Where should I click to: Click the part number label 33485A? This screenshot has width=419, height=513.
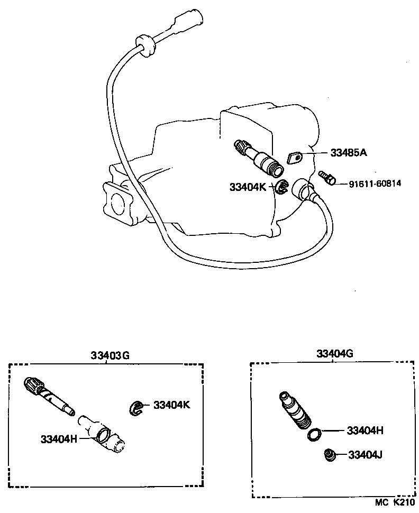tap(349, 153)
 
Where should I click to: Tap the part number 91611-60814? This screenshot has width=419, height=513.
tap(375, 184)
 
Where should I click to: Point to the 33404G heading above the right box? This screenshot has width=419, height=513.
tap(334, 353)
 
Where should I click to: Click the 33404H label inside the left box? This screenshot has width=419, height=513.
tap(59, 438)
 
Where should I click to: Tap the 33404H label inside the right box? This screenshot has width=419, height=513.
tap(365, 430)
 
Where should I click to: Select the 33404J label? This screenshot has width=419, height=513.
tap(365, 455)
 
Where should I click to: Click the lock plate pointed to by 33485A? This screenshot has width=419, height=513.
tap(295, 158)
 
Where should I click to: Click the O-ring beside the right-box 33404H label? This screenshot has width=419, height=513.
tap(314, 435)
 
